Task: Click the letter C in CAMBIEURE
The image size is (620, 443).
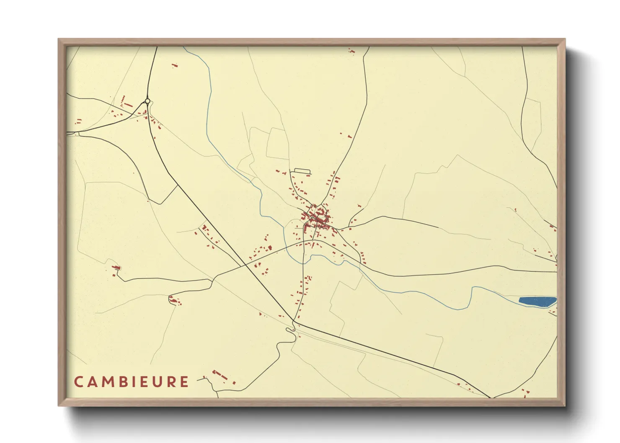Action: (x=79, y=382)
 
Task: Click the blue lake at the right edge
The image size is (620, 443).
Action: (x=537, y=301)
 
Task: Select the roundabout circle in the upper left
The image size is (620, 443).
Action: (x=147, y=101)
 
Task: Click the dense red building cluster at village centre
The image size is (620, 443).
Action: (x=317, y=218)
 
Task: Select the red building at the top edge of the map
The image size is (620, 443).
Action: (x=351, y=51)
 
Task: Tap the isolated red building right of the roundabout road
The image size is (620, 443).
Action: (x=175, y=65)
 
